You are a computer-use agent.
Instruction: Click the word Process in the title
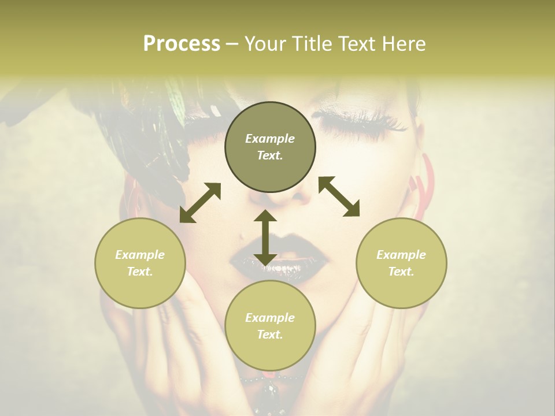182,43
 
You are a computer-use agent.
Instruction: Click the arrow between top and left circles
200,203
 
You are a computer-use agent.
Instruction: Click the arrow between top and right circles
339,196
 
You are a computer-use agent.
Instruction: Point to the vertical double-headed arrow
265,237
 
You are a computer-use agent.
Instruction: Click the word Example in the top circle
270,139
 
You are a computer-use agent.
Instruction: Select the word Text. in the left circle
140,272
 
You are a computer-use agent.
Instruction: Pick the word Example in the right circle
401,255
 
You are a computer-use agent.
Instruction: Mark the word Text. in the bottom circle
270,335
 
